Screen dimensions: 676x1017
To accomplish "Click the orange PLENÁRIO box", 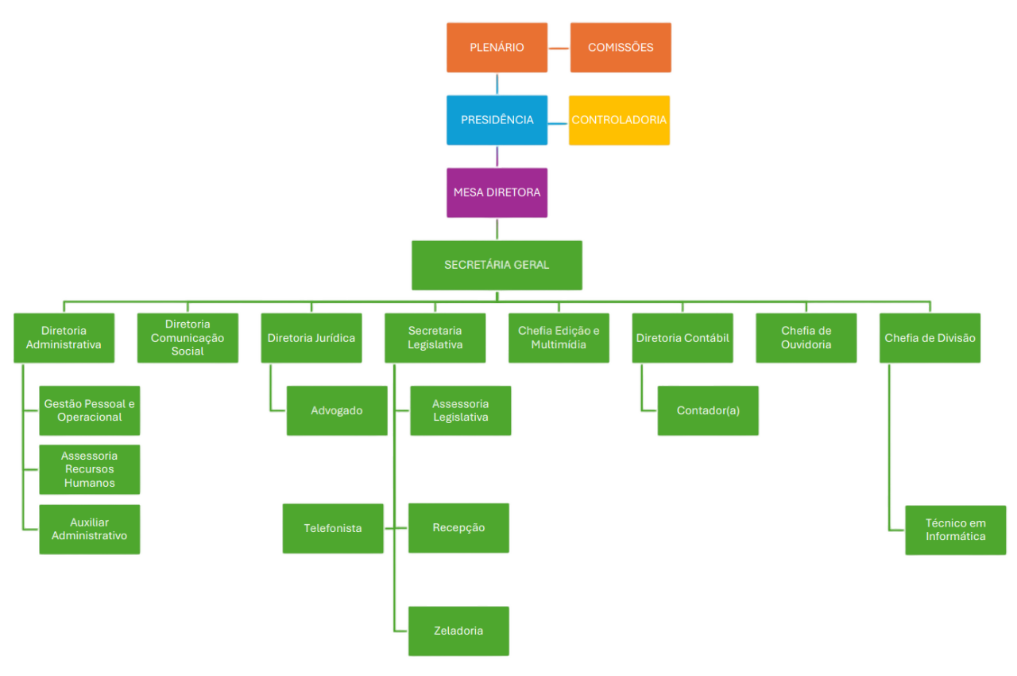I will coord(497,48).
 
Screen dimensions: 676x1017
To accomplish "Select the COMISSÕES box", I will coord(621,48).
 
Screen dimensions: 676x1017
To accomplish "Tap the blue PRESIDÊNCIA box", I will coord(497,120).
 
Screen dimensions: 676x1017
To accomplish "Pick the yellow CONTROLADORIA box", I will coord(619,120).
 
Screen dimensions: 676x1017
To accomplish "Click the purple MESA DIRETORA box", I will coord(497,192).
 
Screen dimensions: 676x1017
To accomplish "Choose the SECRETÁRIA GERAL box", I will coord(497,265).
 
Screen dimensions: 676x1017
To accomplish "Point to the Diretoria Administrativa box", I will coord(64,338).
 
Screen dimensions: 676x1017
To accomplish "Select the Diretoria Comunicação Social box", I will coord(188,338).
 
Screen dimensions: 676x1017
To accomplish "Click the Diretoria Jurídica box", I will coord(311,338).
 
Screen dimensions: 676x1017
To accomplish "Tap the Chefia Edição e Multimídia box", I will coord(559,338).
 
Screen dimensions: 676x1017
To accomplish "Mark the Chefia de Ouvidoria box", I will coord(806,338).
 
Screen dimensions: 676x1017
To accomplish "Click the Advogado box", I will coord(337,411).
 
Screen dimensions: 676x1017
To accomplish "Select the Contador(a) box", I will coord(708,411).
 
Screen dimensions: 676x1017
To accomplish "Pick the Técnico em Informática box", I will coord(955,530).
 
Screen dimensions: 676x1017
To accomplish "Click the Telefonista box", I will coord(333,528).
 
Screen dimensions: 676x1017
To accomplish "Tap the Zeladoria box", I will coord(458,631).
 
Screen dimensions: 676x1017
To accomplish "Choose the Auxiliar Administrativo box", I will coord(90,529).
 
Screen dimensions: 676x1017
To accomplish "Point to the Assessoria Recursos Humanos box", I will coord(90,469).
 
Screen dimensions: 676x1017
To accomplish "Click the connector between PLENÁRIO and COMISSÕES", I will coord(559,48).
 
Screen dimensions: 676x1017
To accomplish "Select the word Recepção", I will coord(458,528).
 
